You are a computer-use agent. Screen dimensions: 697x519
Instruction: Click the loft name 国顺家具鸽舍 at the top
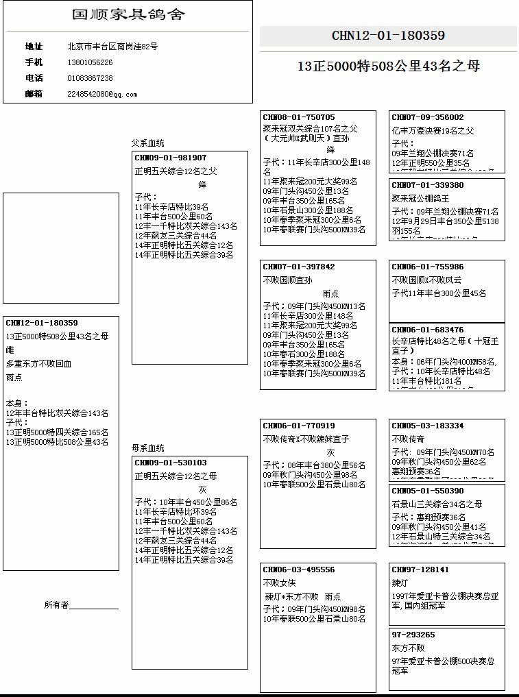point(128,14)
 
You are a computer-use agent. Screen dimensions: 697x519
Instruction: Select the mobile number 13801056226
point(90,62)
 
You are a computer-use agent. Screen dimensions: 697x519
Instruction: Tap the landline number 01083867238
point(90,78)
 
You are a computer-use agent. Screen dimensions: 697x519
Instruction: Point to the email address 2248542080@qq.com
point(102,94)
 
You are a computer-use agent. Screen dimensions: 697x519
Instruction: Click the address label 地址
point(34,47)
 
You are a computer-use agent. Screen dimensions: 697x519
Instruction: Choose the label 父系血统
point(148,143)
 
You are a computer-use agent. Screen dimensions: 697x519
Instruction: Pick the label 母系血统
point(148,448)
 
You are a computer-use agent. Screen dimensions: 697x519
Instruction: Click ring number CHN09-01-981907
point(171,158)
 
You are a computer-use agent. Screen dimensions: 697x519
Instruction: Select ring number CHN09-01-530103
point(171,463)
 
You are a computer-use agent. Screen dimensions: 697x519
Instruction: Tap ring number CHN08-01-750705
point(299,117)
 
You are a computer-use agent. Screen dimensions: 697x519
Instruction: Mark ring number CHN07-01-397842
point(299,267)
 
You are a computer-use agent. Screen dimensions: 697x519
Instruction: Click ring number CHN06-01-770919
point(299,426)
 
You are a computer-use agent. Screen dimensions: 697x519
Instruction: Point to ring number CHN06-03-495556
point(299,570)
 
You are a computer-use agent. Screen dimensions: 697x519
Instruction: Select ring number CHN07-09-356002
point(428,117)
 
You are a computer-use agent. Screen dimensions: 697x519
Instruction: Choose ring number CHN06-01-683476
point(428,330)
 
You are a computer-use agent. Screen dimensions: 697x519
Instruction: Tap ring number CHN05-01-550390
point(428,491)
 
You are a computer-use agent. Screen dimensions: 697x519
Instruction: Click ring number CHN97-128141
point(420,570)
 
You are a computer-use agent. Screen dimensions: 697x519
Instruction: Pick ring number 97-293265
point(413,635)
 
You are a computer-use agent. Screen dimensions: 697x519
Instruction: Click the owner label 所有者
point(56,605)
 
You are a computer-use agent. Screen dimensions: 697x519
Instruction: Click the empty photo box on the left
point(61,247)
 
